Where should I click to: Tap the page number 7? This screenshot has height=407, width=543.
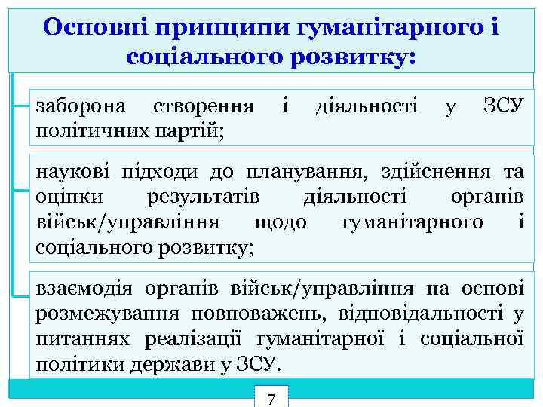[272, 397]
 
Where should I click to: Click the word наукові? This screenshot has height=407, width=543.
[69, 172]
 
